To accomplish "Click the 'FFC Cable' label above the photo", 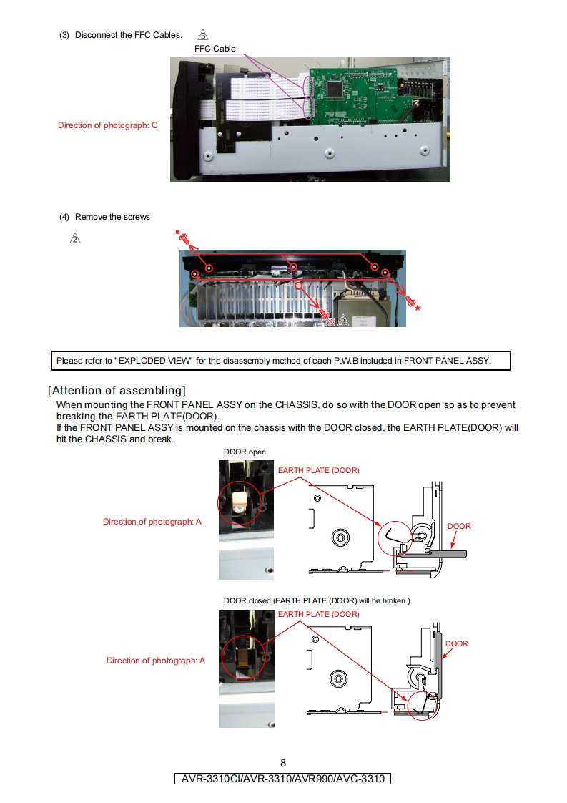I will [x=215, y=49].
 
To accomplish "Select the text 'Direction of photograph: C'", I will [x=107, y=125].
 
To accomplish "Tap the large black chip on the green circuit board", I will [x=335, y=88].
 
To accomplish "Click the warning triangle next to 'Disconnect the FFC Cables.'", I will [x=204, y=35].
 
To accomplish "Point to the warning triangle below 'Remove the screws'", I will [x=75, y=239].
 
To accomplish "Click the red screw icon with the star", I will [x=411, y=302].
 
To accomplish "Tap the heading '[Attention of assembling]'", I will [x=117, y=390].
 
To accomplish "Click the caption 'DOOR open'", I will [x=245, y=452].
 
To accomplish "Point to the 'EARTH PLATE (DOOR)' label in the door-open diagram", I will [x=318, y=470].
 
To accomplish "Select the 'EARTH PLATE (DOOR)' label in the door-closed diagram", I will [x=318, y=614].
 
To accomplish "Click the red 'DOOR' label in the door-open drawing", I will [x=459, y=526].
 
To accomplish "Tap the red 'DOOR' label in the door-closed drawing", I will [x=457, y=643].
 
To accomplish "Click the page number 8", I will [x=283, y=763].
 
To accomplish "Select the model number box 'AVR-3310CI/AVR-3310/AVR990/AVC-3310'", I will [x=283, y=778].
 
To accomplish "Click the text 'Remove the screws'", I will [x=112, y=217].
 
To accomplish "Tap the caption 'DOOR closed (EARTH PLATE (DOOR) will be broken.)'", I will [x=317, y=600].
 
